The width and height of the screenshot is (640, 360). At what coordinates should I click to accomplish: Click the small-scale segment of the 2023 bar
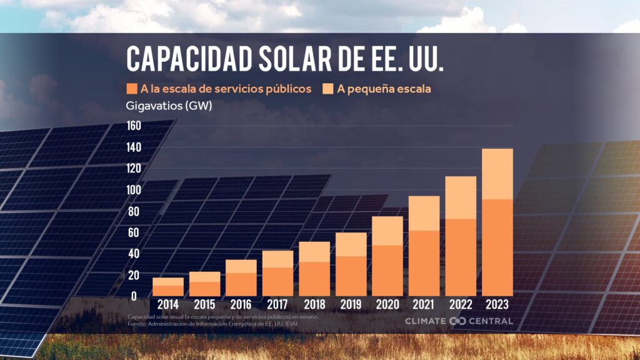(x=497, y=174)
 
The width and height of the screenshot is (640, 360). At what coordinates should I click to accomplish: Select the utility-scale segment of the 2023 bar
(x=497, y=247)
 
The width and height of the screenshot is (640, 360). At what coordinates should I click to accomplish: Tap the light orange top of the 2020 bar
(x=387, y=231)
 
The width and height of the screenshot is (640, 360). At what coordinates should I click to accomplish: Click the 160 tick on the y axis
(x=134, y=126)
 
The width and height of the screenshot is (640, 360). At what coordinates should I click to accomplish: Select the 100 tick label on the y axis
(x=134, y=189)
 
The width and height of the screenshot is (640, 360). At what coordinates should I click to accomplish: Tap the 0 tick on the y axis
(x=134, y=296)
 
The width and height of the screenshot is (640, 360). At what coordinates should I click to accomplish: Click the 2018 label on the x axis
(x=314, y=306)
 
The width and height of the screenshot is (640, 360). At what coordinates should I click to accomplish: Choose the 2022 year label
(x=461, y=306)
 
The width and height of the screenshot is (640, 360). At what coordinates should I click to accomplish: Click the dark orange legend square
(x=132, y=89)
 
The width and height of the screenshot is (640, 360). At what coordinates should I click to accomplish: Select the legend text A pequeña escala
(x=384, y=89)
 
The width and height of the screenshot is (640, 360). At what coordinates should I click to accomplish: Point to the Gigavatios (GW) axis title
(x=169, y=106)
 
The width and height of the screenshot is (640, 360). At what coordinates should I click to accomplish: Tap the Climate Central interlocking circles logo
(x=457, y=321)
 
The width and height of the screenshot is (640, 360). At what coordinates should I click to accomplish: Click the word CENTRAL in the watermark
(x=491, y=321)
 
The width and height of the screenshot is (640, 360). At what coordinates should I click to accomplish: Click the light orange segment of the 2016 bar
(x=241, y=266)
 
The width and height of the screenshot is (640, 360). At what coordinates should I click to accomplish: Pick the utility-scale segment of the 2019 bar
(x=351, y=276)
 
